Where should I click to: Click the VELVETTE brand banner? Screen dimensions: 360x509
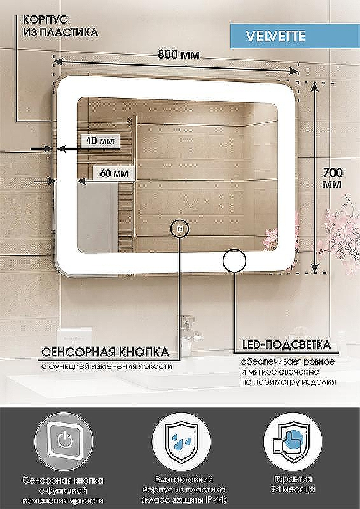(x=294, y=36)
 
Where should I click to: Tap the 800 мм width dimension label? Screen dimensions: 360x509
(x=179, y=54)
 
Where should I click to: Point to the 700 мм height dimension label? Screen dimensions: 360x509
(x=333, y=178)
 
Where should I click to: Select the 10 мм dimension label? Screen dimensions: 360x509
(x=100, y=141)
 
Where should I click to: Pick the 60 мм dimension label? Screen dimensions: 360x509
(x=114, y=173)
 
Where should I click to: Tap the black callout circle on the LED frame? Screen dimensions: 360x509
(x=234, y=261)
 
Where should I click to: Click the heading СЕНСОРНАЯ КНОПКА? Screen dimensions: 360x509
(x=106, y=352)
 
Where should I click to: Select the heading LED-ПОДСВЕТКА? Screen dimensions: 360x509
(x=287, y=344)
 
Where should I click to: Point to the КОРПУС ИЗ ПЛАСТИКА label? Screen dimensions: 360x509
(x=60, y=25)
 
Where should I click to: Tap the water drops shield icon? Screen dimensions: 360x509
(x=181, y=442)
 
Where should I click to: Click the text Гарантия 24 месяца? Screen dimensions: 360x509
(x=293, y=484)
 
